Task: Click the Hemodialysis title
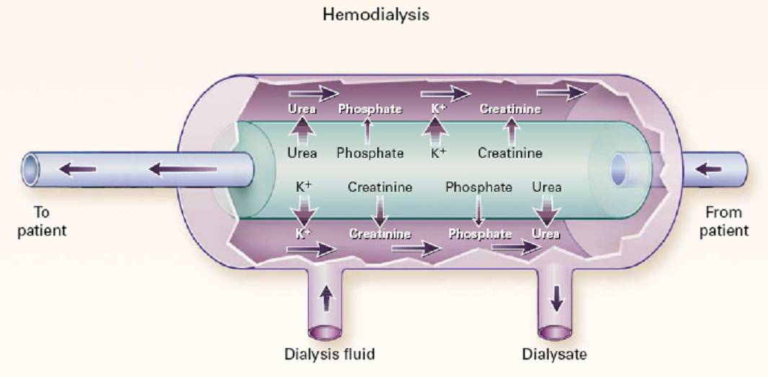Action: click(375, 14)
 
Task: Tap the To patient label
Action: click(50, 221)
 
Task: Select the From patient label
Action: click(726, 221)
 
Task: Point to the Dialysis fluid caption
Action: click(329, 354)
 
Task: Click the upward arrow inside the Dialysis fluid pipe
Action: click(327, 297)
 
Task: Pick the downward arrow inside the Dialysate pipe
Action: click(556, 297)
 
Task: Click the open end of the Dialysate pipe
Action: click(556, 331)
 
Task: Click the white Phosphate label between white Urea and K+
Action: click(370, 110)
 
